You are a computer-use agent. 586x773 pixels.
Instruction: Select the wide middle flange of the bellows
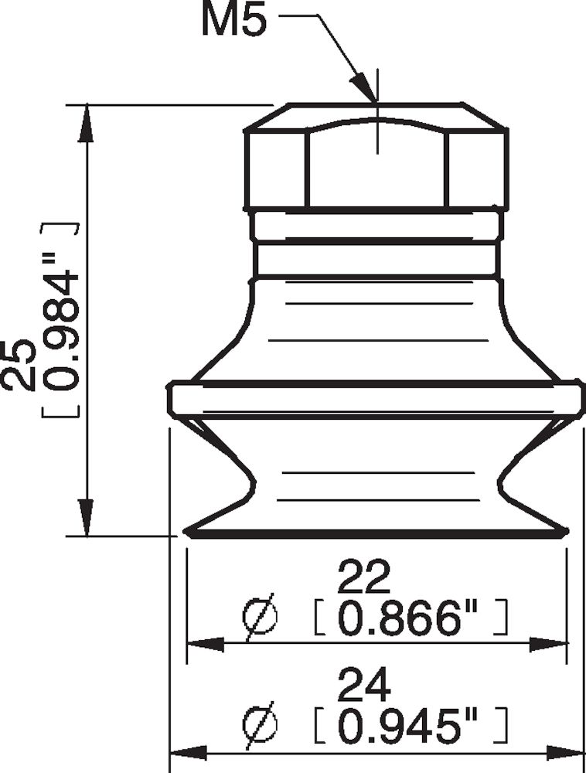click(x=376, y=397)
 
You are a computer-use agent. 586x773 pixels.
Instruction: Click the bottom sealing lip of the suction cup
click(x=376, y=532)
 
